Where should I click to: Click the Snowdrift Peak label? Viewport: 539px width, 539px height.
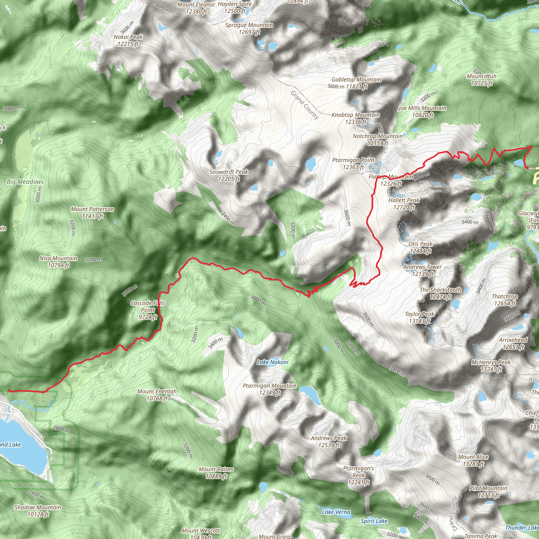click(229, 175)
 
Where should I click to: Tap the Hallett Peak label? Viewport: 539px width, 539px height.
click(404, 203)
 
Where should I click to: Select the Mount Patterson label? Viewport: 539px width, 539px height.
click(92, 212)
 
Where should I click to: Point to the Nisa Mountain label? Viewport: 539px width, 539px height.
click(58, 261)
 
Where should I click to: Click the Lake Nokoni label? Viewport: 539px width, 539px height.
click(273, 362)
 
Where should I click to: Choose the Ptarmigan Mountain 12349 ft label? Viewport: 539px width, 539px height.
click(269, 389)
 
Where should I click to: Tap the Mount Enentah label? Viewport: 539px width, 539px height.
click(157, 395)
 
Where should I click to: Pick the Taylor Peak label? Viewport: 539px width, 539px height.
click(420, 317)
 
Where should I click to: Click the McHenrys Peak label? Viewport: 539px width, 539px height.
click(491, 366)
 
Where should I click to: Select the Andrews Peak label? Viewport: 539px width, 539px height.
click(329, 441)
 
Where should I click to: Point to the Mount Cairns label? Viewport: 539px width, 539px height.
click(216, 473)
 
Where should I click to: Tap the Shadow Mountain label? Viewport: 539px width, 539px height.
click(38, 511)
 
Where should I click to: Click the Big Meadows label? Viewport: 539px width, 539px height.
click(25, 182)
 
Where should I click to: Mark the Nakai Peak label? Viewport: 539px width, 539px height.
click(128, 40)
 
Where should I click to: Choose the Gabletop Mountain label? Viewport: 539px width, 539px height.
click(356, 83)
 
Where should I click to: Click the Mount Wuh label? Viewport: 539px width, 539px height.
click(482, 79)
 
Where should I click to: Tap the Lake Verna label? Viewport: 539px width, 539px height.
click(336, 512)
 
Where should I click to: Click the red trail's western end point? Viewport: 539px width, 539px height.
click(9, 390)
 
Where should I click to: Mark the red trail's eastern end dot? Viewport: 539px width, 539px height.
click(527, 167)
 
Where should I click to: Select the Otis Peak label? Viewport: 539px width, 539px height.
click(420, 247)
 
